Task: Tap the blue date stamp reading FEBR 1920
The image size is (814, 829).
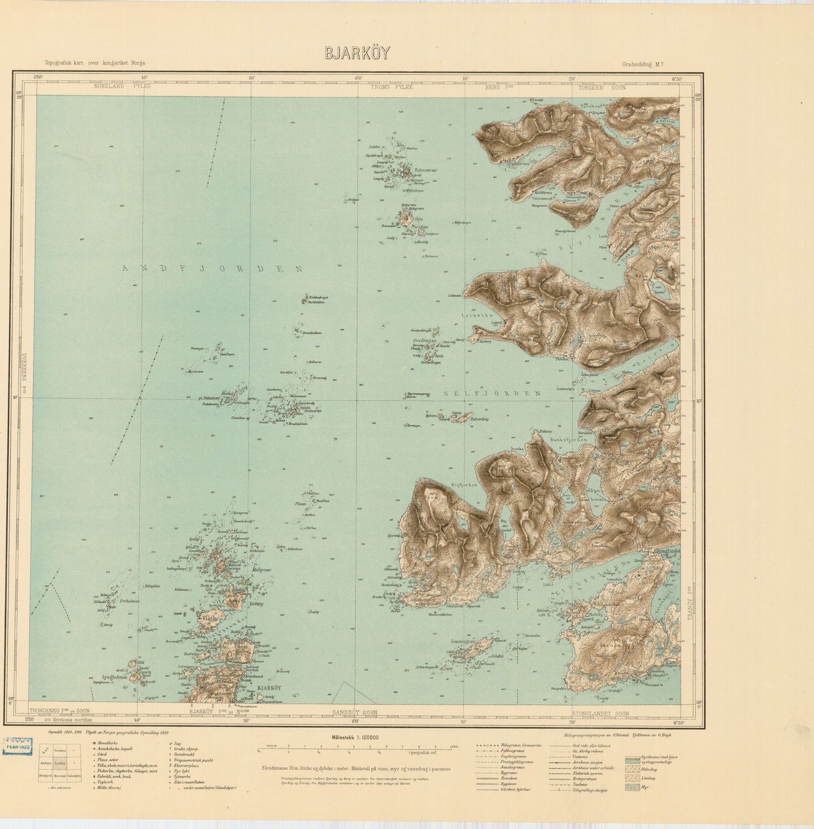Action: coord(18,746)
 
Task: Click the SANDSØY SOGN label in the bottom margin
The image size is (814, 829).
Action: coord(354,712)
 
